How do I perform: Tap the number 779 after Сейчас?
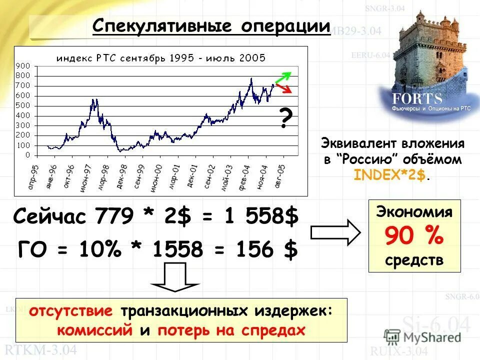click(113, 217)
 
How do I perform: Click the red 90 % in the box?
click(414, 236)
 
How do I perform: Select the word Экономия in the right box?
click(414, 211)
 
